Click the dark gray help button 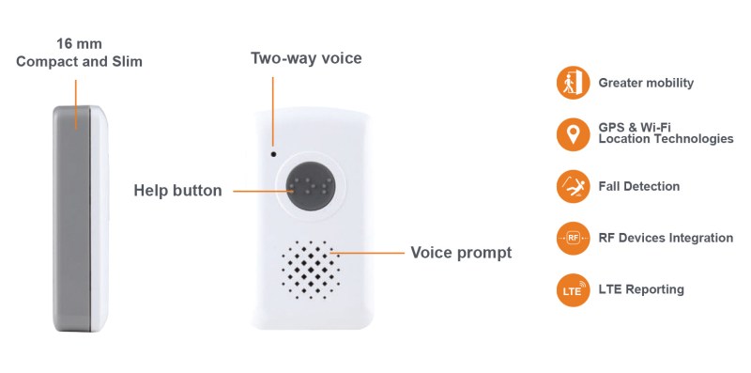point(311,186)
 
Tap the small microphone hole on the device point(273,154)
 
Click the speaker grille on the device point(311,270)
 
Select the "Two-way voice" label point(306,58)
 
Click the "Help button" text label point(177,191)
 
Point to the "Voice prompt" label point(461,252)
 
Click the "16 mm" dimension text point(79,43)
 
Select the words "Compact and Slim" point(79,62)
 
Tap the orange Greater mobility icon point(573,83)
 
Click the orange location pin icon point(573,134)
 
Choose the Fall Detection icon point(573,186)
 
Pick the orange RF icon point(573,238)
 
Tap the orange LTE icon point(573,289)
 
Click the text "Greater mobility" point(646,83)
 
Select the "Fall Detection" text point(639,186)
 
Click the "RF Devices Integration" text point(666,238)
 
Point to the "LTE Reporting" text point(641,289)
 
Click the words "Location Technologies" point(667,139)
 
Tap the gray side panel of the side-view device point(72,218)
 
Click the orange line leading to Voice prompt point(367,253)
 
